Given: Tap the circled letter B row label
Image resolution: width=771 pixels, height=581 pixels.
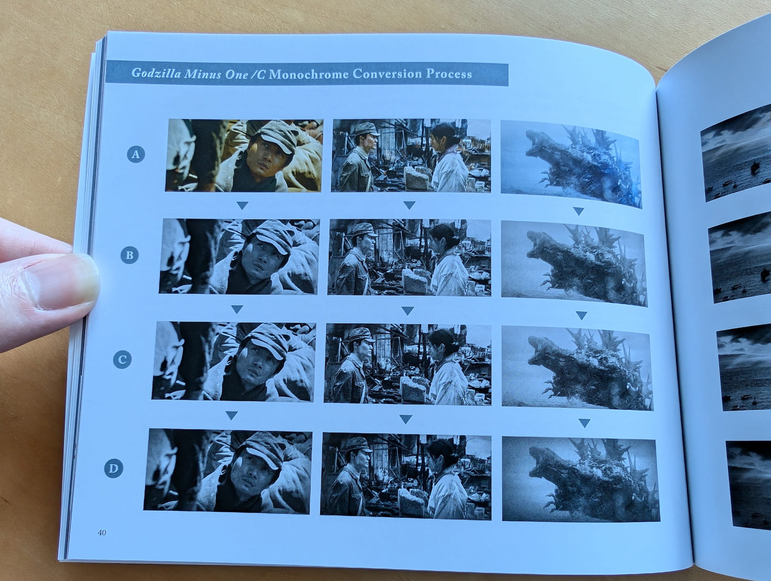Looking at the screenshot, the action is pyautogui.click(x=129, y=255).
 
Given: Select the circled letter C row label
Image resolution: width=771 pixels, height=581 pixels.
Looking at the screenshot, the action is pyautogui.click(x=122, y=360).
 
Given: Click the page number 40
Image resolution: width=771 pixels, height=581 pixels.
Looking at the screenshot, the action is pyautogui.click(x=102, y=533).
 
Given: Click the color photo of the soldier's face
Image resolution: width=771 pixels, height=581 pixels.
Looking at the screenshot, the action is pyautogui.click(x=244, y=155).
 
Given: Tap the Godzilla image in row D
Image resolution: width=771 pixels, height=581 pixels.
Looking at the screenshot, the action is pyautogui.click(x=581, y=480).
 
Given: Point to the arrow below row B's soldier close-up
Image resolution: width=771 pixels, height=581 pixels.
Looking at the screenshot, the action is pyautogui.click(x=237, y=310).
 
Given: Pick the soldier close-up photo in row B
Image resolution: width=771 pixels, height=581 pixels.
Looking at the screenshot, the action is pyautogui.click(x=239, y=256).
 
